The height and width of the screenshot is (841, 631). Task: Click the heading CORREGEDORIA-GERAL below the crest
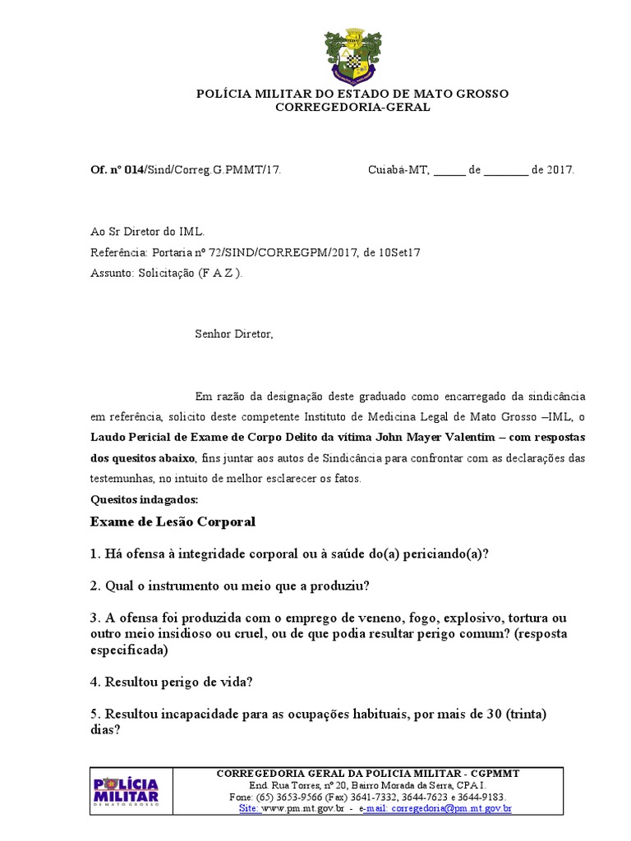point(352,108)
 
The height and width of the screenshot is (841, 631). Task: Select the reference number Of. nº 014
point(117,170)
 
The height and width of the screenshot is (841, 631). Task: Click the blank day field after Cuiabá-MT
point(449,171)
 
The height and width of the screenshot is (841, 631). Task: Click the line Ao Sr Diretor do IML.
point(147,232)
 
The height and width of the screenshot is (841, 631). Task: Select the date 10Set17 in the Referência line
point(401,253)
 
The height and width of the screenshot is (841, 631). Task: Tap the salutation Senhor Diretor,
point(233,334)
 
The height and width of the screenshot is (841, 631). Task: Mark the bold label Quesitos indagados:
point(138,499)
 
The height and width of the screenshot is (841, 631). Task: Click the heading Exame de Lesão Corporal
point(173,522)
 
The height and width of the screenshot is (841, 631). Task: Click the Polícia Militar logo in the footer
point(127,793)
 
